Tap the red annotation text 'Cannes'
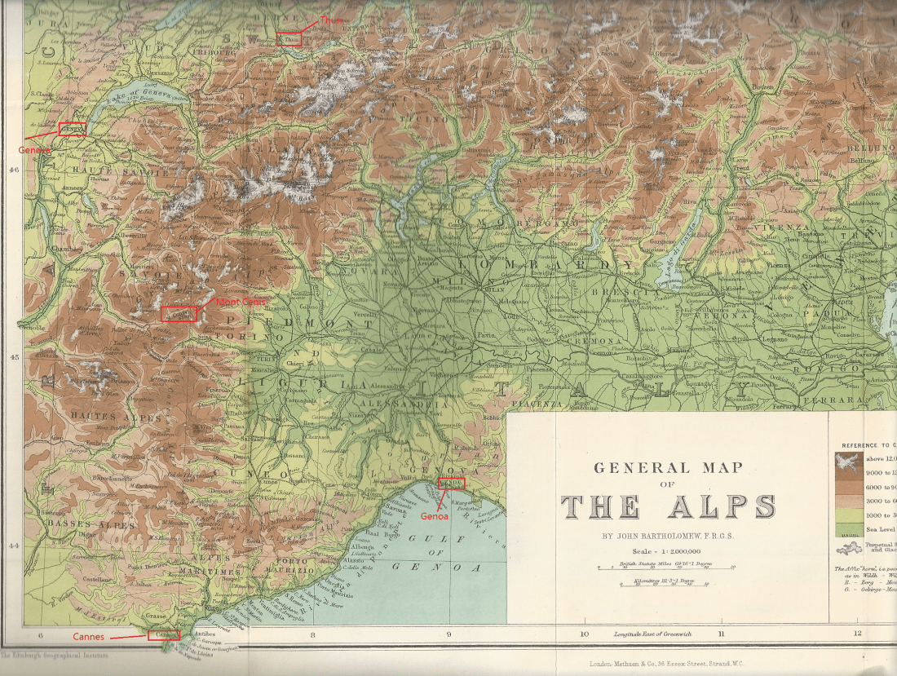click(x=88, y=636)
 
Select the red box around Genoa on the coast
click(x=451, y=483)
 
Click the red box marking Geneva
click(x=72, y=128)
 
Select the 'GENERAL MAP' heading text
click(x=668, y=468)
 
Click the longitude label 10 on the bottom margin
click(x=584, y=634)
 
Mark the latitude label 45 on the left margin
click(x=13, y=357)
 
